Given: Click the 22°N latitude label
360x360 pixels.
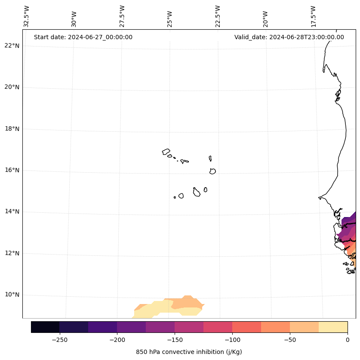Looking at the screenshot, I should click(12, 46).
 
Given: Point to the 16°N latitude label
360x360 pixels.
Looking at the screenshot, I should click(12, 170).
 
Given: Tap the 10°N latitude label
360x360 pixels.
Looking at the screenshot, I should click(12, 295).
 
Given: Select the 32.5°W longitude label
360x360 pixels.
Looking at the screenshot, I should click(27, 16).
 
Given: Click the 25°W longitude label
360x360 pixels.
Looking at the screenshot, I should click(170, 16).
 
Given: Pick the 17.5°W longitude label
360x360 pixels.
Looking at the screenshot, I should click(314, 16).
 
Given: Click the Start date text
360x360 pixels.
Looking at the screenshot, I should click(83, 37).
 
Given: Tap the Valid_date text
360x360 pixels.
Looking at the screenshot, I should click(289, 37).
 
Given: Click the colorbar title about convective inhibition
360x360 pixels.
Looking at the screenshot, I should click(189, 352).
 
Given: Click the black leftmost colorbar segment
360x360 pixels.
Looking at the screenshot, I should click(45, 327).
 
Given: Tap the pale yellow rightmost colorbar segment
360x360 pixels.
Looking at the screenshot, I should click(333, 327).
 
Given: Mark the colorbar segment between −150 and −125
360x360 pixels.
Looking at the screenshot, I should click(189, 327).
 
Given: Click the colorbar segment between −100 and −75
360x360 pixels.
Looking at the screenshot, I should click(246, 327).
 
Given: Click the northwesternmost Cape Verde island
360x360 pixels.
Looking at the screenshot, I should click(166, 152).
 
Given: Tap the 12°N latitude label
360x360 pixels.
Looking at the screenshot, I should click(12, 253).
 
